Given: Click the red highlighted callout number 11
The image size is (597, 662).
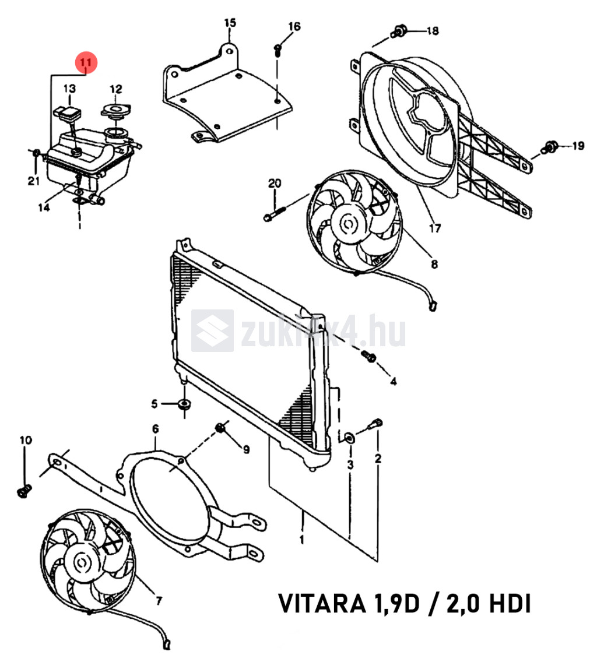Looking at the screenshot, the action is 86,63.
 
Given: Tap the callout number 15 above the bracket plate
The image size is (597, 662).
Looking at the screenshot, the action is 230,22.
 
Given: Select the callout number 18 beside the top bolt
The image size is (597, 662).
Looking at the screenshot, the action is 433,31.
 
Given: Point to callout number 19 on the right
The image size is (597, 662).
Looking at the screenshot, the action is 578,146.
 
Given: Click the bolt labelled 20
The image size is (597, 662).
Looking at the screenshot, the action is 275,212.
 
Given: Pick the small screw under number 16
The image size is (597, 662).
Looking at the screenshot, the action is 278,50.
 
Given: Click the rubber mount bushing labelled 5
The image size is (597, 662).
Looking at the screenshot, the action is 184,404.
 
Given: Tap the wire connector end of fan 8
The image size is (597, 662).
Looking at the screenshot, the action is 433,305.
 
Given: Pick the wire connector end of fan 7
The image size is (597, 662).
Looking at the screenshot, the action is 167,645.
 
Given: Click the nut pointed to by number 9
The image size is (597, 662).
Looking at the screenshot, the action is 220,428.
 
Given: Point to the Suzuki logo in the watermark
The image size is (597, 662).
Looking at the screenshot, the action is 212,330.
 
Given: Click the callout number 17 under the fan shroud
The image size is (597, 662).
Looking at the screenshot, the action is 435,228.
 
